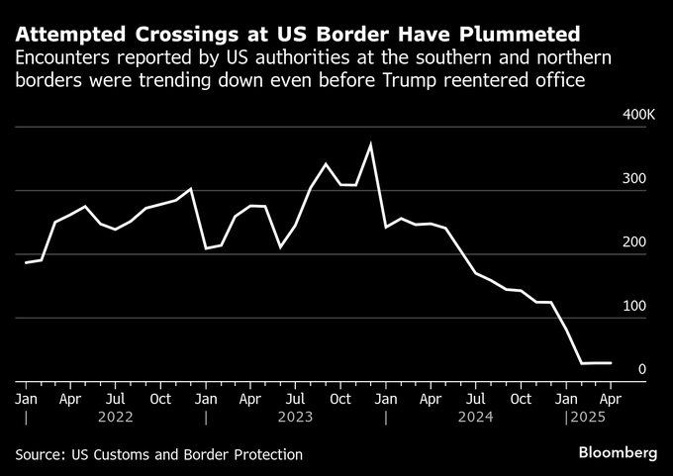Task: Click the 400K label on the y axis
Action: click(x=638, y=116)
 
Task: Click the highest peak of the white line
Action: click(x=370, y=144)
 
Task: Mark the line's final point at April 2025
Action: click(x=611, y=363)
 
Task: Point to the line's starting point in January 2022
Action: click(x=26, y=262)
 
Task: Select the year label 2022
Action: click(x=115, y=418)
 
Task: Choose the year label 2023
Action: click(x=295, y=418)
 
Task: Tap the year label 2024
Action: click(x=475, y=418)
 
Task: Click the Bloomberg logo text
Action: click(x=619, y=452)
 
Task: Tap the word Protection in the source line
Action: click(x=265, y=454)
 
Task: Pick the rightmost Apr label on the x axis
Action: click(x=611, y=399)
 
